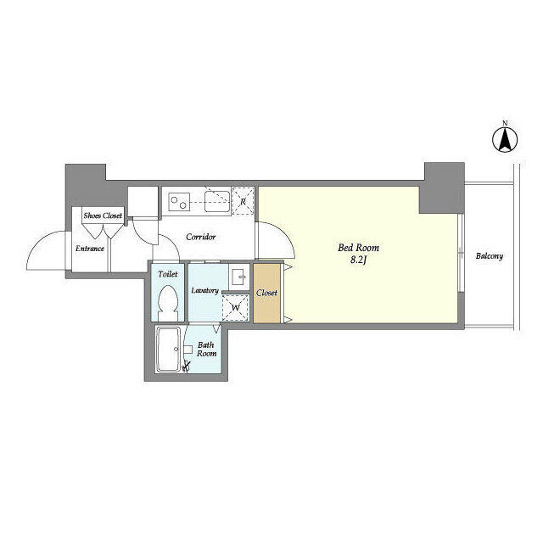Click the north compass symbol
[x=506, y=139]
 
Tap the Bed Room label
[x=358, y=248]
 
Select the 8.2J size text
[x=358, y=260]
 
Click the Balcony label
[x=489, y=256]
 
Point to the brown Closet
[x=266, y=294]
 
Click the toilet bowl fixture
[x=168, y=303]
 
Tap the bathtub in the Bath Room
[x=168, y=350]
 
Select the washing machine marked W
[x=236, y=308]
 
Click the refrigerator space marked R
[x=243, y=201]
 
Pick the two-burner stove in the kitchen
[x=179, y=202]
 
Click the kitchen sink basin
[x=217, y=202]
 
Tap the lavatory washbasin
[x=239, y=277]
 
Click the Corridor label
[x=200, y=237]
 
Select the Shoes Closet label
[x=103, y=216]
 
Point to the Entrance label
[x=90, y=249]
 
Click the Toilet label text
[x=168, y=274]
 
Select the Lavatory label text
[x=204, y=290]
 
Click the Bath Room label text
[x=206, y=350]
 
